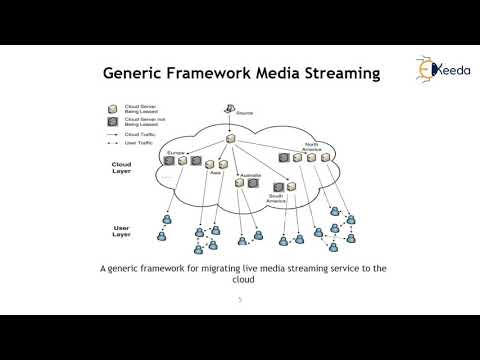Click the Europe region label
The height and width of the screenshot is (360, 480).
(x=176, y=152)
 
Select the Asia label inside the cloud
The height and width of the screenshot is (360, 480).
(x=215, y=172)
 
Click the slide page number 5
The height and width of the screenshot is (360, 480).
(x=239, y=299)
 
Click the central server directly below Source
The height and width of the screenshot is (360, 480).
(x=229, y=139)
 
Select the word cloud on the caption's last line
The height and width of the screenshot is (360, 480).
(x=239, y=281)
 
